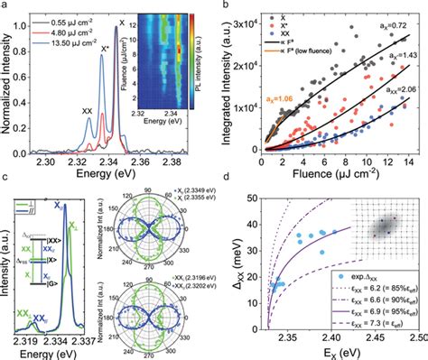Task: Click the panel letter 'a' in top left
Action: (x=6, y=6)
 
